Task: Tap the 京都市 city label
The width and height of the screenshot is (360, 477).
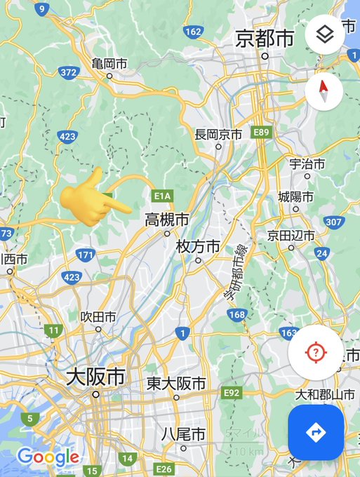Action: [265, 39]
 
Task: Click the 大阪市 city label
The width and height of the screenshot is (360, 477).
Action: [95, 377]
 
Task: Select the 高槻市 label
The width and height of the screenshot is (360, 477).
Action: [166, 220]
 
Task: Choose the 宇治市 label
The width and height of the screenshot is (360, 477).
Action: [307, 164]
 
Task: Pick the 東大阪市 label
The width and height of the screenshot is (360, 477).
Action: [176, 384]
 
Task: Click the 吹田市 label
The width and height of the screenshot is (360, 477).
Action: [98, 316]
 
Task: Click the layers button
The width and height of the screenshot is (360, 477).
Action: [325, 34]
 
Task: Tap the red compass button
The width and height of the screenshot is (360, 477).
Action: [324, 90]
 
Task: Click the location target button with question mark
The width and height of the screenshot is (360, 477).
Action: [316, 352]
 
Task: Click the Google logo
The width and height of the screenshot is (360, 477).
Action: [48, 458]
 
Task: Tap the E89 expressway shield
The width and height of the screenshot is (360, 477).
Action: [262, 131]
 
